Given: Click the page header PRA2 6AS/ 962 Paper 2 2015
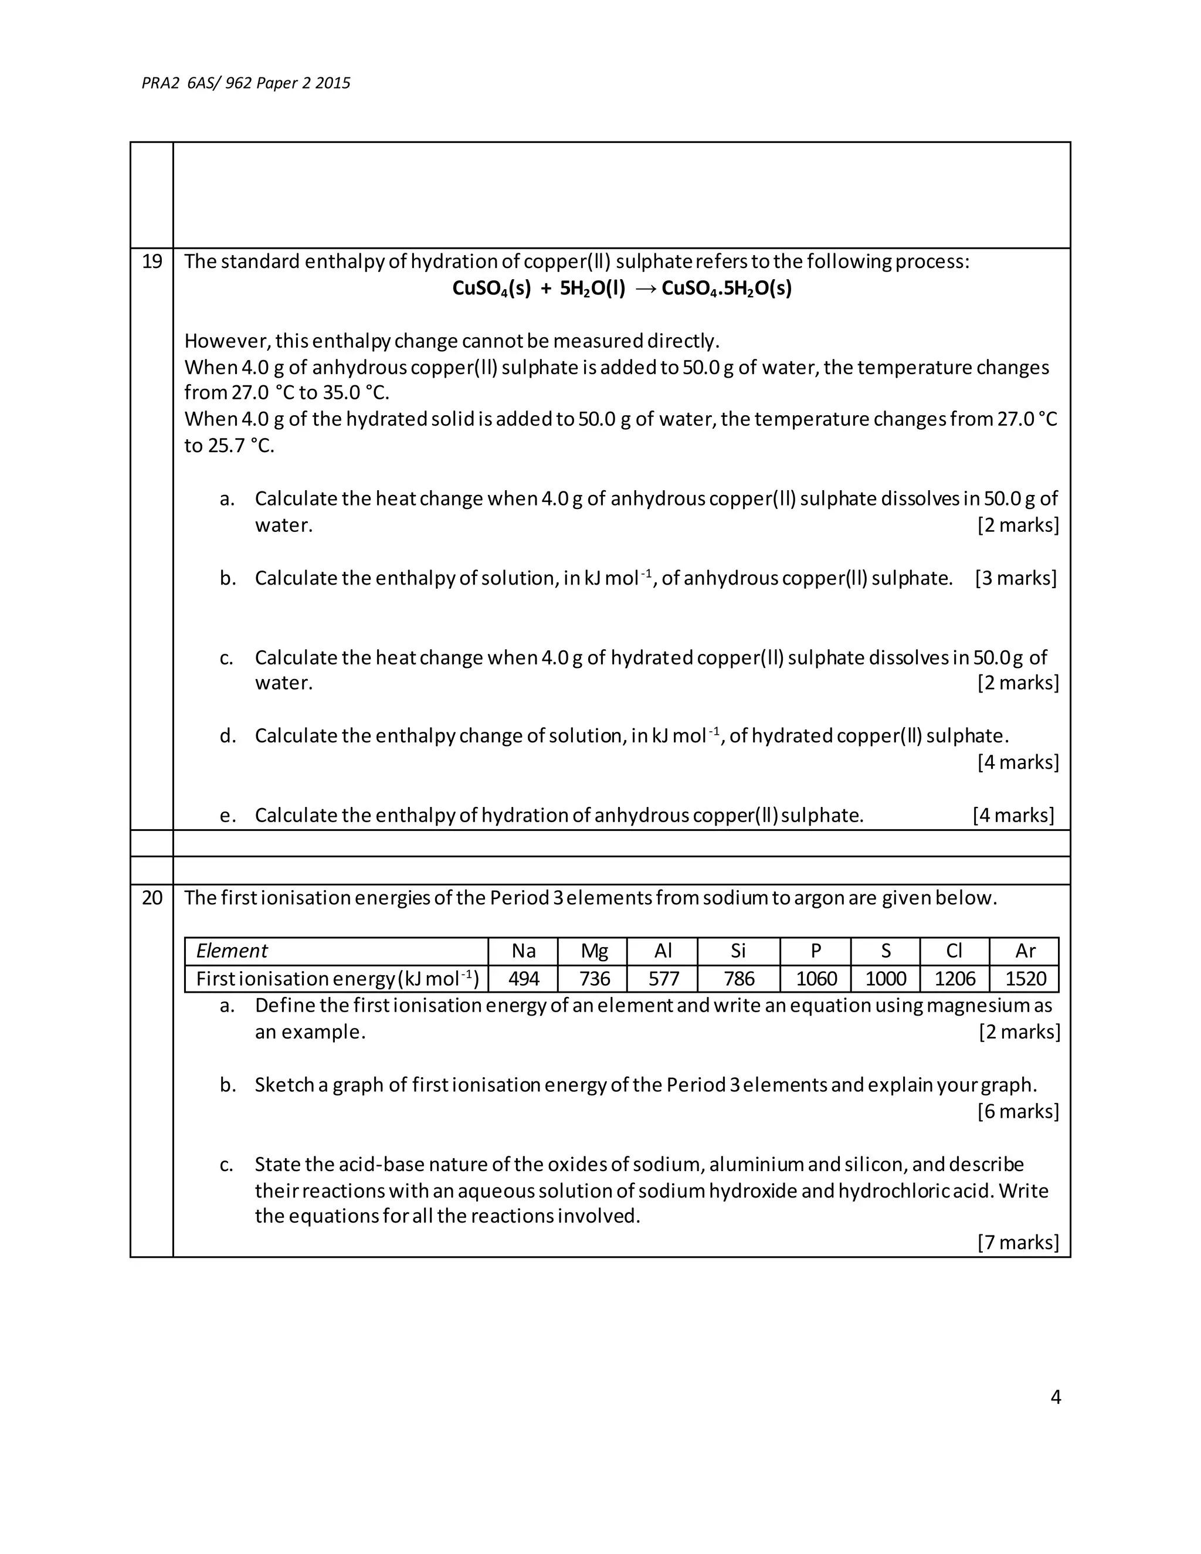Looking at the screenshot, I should [x=246, y=83].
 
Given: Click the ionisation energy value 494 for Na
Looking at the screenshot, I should [x=524, y=979].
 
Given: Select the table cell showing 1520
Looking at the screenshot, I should [x=1025, y=979].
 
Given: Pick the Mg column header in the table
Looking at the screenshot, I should [x=594, y=951].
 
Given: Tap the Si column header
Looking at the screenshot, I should [x=738, y=951].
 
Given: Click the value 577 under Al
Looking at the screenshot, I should [x=663, y=979].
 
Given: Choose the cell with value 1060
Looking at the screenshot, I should [x=816, y=979].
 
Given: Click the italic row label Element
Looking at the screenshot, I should [x=232, y=951].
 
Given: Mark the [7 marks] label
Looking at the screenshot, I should [x=1018, y=1243].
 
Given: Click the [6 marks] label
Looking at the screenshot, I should [x=1018, y=1111].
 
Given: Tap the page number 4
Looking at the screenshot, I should [x=1056, y=1397].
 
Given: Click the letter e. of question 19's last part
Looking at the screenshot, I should [x=228, y=816].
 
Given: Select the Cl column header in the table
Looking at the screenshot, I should [x=955, y=951].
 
